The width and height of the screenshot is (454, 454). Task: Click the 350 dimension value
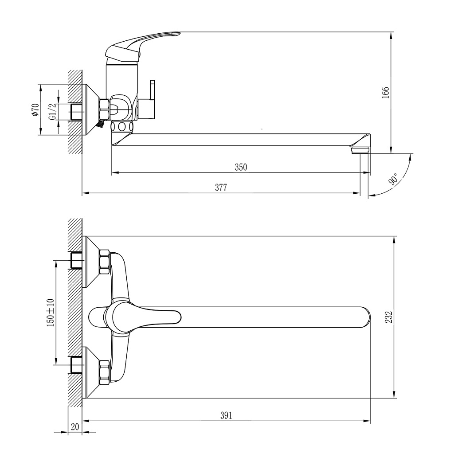tap(240, 168)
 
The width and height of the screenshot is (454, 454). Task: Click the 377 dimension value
tap(221, 188)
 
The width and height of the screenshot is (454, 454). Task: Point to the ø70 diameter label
tap(35, 110)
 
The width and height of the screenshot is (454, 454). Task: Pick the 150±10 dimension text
tap(50, 312)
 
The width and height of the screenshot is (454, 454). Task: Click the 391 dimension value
tap(226, 415)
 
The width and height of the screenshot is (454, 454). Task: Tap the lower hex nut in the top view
tap(104, 372)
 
